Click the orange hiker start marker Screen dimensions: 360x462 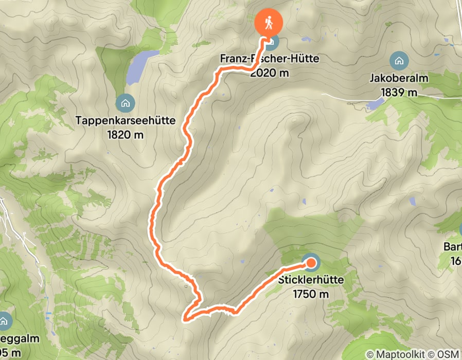[269, 23]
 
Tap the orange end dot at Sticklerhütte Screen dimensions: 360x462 [311, 264]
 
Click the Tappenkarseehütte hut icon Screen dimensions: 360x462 [125, 103]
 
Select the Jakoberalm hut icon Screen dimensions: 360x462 [398, 61]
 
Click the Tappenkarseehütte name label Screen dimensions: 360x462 [126, 121]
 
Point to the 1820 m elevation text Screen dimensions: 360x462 [126, 135]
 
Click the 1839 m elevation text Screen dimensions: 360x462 [399, 93]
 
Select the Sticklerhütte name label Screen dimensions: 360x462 [310, 281]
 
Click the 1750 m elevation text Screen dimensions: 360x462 [310, 294]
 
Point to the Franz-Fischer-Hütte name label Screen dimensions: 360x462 [270, 59]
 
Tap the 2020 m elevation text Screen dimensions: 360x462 [270, 73]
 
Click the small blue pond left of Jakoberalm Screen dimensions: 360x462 [376, 104]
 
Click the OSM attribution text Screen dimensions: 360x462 [448, 354]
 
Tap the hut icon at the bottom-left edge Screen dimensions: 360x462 [4, 321]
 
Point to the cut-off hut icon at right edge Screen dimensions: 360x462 [460, 229]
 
